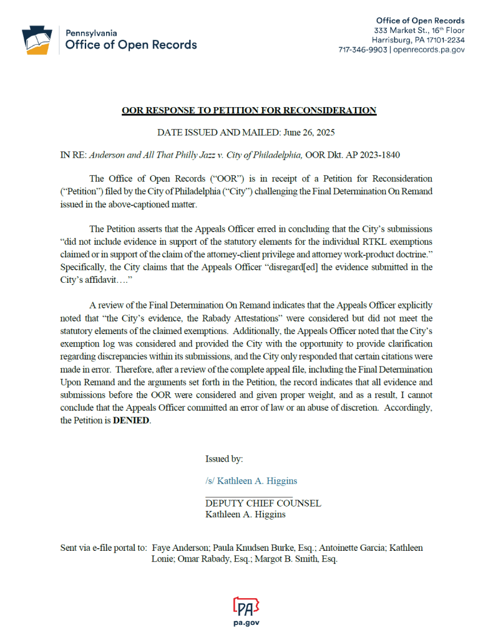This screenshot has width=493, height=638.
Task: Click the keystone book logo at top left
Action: click(36, 40)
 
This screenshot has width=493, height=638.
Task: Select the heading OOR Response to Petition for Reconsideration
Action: click(249, 111)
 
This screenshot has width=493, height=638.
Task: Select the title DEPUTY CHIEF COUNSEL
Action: click(263, 503)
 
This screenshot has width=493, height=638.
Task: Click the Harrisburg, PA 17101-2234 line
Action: click(418, 40)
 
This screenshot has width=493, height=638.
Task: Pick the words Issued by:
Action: click(224, 459)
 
